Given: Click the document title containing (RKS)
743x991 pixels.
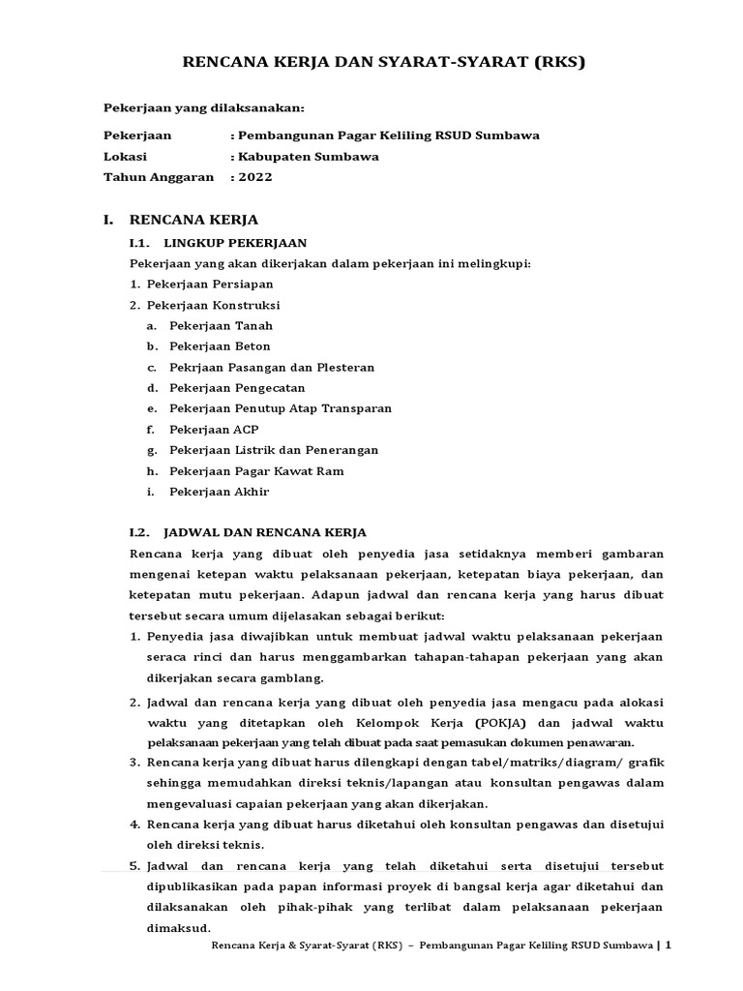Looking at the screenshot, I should (384, 63).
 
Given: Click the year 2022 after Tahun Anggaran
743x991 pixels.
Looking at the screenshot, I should (255, 177).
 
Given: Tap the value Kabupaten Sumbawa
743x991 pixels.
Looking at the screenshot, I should (308, 157).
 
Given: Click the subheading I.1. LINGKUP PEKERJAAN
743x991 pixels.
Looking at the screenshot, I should (218, 243).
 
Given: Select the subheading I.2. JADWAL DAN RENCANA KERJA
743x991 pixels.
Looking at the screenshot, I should (248, 532).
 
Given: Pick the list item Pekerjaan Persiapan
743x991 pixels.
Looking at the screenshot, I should (210, 285).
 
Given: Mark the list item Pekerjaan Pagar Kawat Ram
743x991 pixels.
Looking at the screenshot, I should (256, 471).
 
